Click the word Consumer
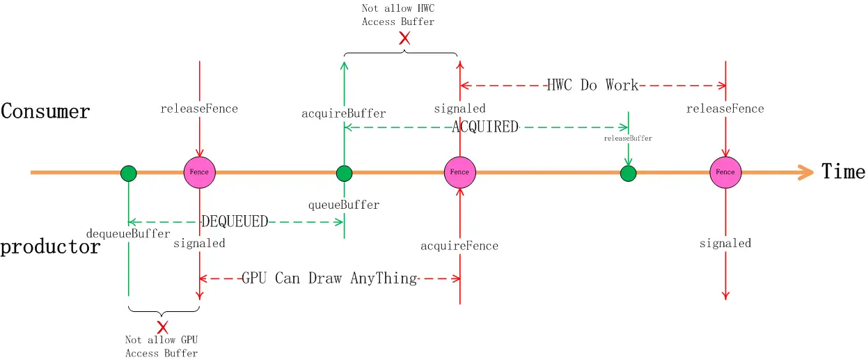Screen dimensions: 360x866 click(45, 111)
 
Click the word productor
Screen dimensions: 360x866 click(50, 246)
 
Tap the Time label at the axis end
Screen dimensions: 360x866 click(843, 171)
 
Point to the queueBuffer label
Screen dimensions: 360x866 click(344, 205)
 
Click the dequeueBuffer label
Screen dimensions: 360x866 click(128, 233)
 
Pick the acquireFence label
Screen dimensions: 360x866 click(459, 246)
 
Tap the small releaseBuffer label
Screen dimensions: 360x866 click(628, 139)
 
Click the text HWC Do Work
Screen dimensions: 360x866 click(592, 86)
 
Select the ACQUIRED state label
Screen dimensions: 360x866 click(485, 127)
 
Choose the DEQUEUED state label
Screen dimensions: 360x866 click(235, 222)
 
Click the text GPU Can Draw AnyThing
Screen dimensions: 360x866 click(329, 279)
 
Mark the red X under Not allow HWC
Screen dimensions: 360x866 click(404, 38)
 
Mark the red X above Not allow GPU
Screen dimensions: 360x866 click(162, 327)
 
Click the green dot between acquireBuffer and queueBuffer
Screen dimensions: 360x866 click(344, 173)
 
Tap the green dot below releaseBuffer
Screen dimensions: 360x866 click(629, 173)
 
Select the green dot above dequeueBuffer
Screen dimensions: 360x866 click(128, 173)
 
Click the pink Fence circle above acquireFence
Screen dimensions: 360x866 click(459, 172)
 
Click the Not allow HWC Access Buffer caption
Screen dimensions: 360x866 click(397, 15)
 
